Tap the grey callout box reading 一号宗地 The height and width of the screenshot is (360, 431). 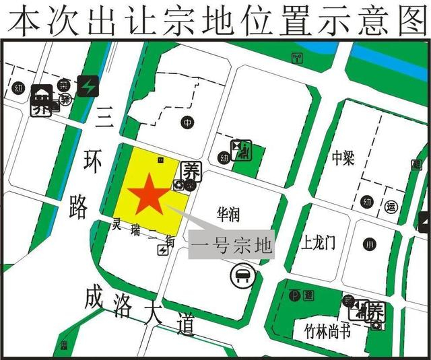coord(231,245)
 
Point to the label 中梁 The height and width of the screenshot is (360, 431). coord(343,157)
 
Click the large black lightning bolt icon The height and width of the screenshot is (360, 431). coord(88,85)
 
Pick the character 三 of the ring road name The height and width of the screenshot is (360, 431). coord(104,118)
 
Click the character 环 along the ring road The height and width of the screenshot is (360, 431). coord(92,162)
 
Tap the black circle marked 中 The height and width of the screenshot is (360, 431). coord(188,122)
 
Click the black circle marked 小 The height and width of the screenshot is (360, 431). coord(368,244)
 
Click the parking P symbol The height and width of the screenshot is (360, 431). coord(294,295)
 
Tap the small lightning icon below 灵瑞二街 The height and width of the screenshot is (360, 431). coord(162,250)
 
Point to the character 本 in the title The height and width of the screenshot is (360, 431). coord(22,20)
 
